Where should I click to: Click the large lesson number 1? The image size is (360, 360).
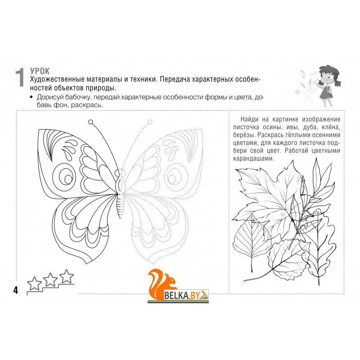[x=20, y=77]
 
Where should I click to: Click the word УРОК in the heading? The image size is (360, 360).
[x=40, y=71]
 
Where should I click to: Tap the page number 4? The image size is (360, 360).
[x=15, y=290]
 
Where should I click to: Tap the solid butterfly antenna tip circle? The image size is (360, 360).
[x=91, y=121]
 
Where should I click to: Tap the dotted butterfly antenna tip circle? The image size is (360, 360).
[x=150, y=121]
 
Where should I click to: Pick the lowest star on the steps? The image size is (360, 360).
[x=35, y=284]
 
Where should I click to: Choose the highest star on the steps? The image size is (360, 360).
[x=67, y=276]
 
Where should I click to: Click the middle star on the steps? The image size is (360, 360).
[x=50, y=279]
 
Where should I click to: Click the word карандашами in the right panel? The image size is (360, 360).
[x=253, y=159]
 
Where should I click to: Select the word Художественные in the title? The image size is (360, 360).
[x=57, y=80]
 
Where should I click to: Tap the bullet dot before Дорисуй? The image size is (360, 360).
[x=31, y=97]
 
